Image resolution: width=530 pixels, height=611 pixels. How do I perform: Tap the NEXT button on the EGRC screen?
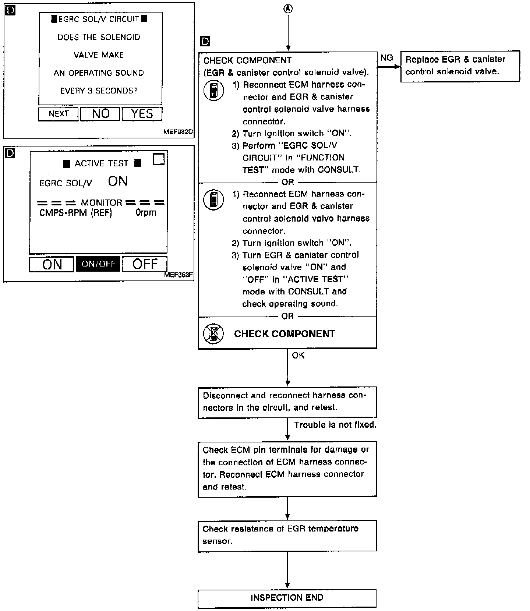[x=59, y=114]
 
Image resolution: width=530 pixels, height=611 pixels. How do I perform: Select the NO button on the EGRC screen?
[x=100, y=114]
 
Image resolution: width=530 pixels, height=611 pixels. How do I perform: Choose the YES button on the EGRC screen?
[x=142, y=114]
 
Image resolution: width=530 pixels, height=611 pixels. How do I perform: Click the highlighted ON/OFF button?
[x=98, y=264]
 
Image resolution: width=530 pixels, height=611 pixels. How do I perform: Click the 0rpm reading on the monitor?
[x=146, y=213]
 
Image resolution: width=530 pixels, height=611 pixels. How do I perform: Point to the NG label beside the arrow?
[x=386, y=58]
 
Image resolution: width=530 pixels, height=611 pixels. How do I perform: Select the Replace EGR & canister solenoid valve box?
[x=460, y=66]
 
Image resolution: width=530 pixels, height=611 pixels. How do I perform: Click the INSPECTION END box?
[x=287, y=597]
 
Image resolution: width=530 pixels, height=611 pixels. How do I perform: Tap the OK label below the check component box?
[x=298, y=356]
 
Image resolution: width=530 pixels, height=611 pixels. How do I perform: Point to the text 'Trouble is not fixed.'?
[x=335, y=425]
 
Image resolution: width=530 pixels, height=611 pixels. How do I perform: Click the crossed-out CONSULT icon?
[x=213, y=334]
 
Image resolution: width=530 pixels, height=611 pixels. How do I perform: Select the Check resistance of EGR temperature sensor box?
[x=287, y=535]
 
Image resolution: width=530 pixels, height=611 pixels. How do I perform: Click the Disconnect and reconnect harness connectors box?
[x=287, y=402]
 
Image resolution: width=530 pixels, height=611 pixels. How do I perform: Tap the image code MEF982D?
[x=179, y=132]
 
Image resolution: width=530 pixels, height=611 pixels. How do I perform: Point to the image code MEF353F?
[x=179, y=275]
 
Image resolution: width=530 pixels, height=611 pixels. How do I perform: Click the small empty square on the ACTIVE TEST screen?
[x=159, y=159]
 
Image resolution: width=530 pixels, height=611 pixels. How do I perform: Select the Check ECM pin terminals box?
[x=287, y=469]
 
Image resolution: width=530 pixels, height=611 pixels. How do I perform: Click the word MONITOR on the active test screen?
[x=102, y=203]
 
